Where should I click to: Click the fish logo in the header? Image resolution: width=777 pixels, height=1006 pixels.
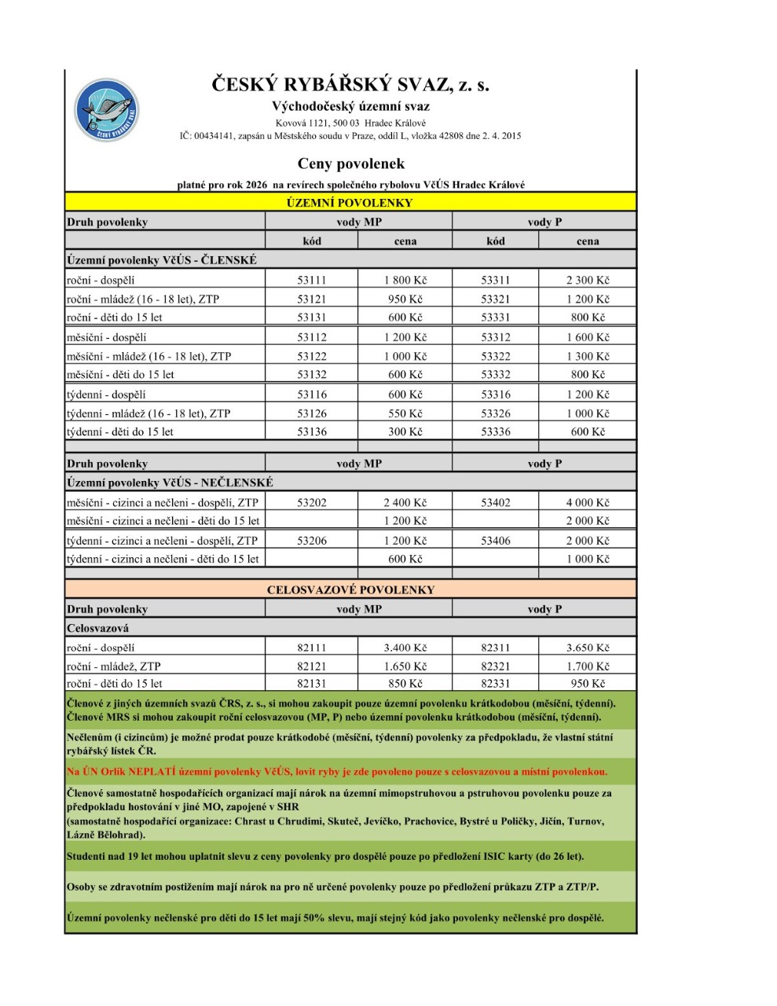click(x=107, y=111)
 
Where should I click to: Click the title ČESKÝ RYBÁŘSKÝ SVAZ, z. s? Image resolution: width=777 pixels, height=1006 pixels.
click(x=350, y=85)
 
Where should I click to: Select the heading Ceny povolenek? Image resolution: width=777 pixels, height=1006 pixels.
click(x=350, y=163)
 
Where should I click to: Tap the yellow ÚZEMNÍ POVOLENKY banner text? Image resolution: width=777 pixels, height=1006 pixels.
click(x=350, y=203)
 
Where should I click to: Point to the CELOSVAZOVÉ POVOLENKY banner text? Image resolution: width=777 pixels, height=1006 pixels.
click(x=350, y=589)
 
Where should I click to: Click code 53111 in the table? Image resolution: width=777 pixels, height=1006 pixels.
click(x=311, y=280)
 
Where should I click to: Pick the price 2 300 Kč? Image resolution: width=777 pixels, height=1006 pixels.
click(x=587, y=280)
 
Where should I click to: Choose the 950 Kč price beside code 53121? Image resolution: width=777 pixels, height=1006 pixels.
click(x=405, y=299)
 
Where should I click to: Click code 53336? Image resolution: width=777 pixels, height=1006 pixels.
click(x=495, y=431)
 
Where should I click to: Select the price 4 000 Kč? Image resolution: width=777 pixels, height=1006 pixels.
click(x=587, y=502)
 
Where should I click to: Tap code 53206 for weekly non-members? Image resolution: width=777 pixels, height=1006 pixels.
click(x=311, y=541)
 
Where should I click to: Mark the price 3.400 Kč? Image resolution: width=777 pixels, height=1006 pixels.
click(x=405, y=648)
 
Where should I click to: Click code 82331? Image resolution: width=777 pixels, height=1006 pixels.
click(x=495, y=683)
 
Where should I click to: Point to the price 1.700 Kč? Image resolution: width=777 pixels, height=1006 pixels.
click(x=587, y=666)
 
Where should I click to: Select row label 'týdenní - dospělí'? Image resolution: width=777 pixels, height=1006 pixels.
click(x=106, y=395)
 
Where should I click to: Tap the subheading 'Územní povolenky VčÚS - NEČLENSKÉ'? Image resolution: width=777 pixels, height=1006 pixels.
click(x=170, y=483)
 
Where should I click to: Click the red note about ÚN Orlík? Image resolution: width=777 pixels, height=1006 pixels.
click(x=336, y=772)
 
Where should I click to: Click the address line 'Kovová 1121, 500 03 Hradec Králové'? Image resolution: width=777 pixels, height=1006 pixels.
click(x=350, y=123)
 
